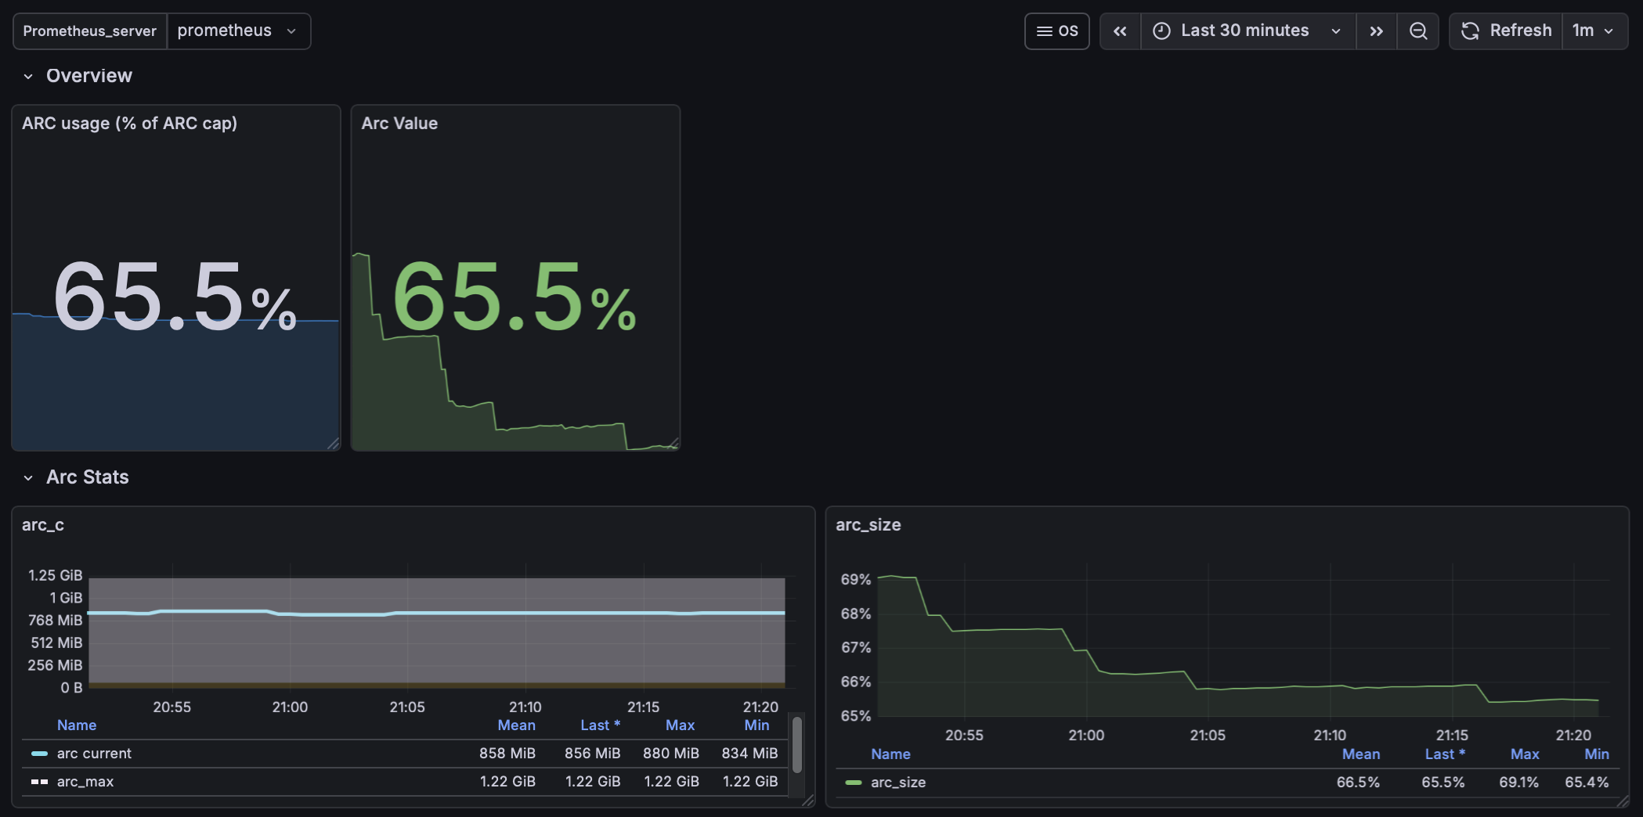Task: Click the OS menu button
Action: (x=1056, y=31)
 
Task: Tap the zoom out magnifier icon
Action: (x=1417, y=31)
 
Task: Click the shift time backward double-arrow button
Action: (x=1120, y=31)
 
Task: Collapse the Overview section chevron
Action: (x=28, y=77)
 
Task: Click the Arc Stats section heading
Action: (x=87, y=477)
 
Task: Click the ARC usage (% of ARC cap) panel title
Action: (x=129, y=124)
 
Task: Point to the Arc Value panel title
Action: (x=399, y=124)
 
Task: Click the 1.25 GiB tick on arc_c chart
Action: (x=55, y=575)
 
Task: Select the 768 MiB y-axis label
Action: (x=55, y=620)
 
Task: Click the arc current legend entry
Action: (x=94, y=754)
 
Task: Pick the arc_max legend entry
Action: (x=85, y=782)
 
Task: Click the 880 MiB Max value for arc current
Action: (x=670, y=754)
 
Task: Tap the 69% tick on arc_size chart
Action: (x=855, y=580)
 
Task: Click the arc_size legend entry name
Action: (x=897, y=783)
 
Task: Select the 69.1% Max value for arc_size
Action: (x=1518, y=783)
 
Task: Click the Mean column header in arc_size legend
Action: (x=1360, y=754)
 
